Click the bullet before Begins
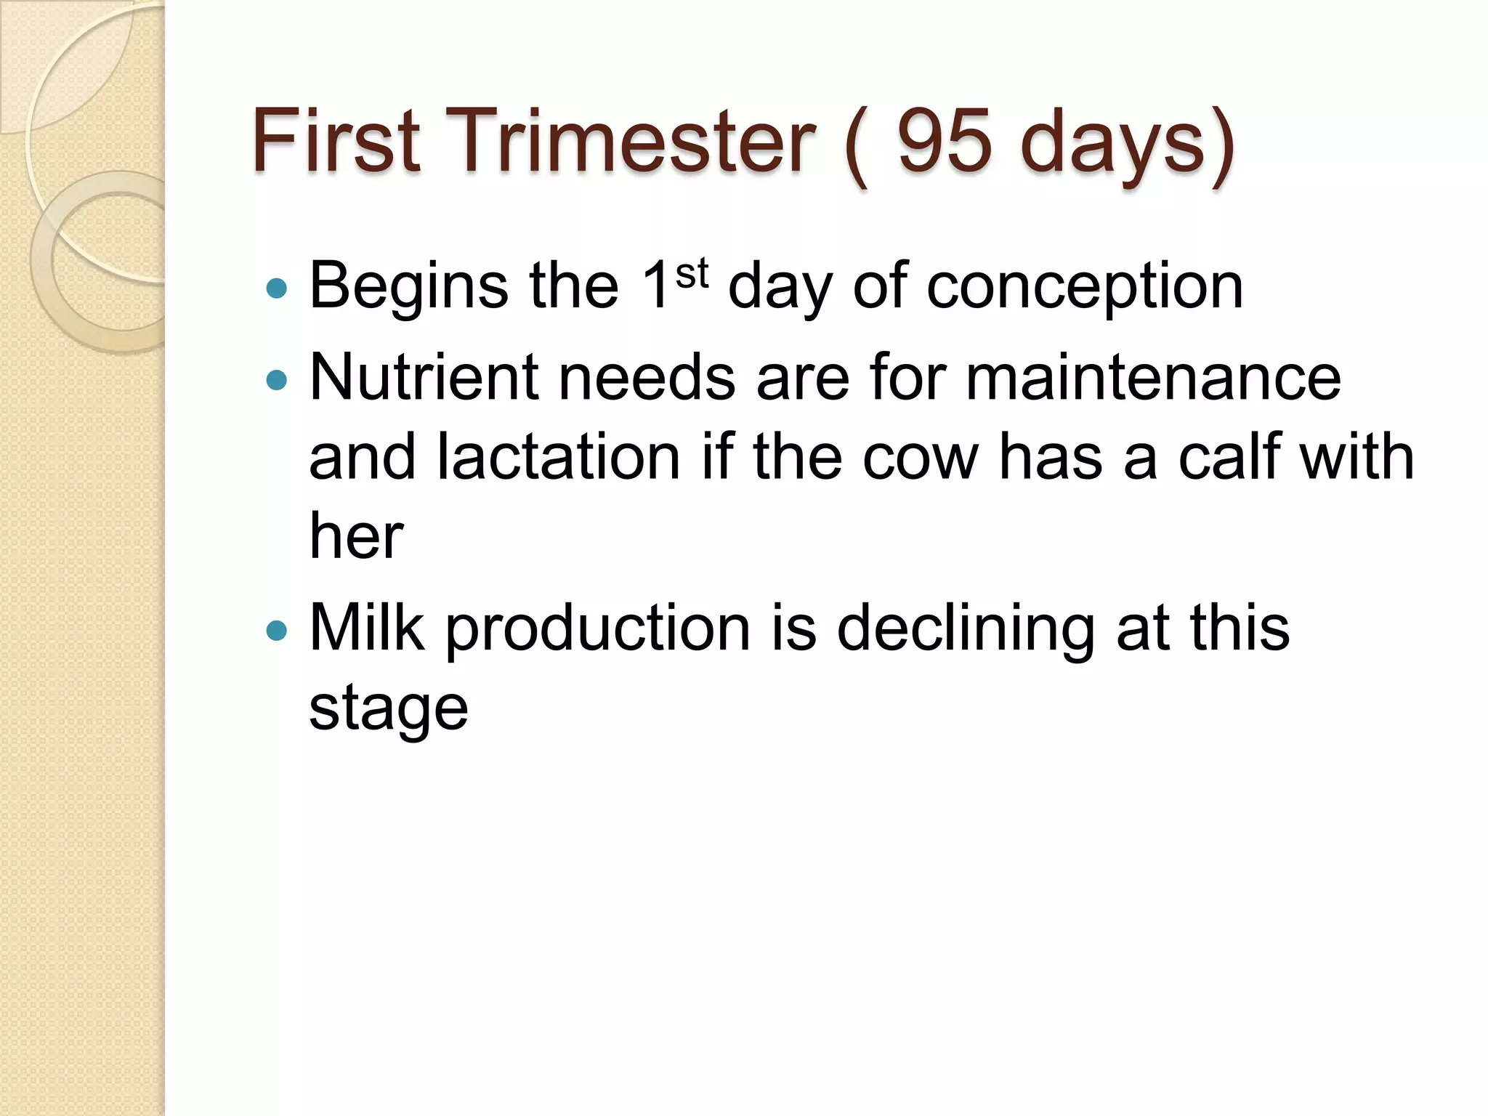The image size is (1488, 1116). (277, 289)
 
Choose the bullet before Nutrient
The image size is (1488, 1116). (277, 379)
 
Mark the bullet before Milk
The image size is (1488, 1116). (277, 629)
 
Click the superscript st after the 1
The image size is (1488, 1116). (691, 275)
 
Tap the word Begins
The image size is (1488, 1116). (409, 288)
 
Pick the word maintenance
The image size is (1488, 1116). (1153, 378)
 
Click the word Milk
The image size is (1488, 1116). (366, 628)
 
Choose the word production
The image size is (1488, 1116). (597, 629)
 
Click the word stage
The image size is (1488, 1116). (389, 709)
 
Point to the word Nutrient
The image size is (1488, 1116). (424, 378)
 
